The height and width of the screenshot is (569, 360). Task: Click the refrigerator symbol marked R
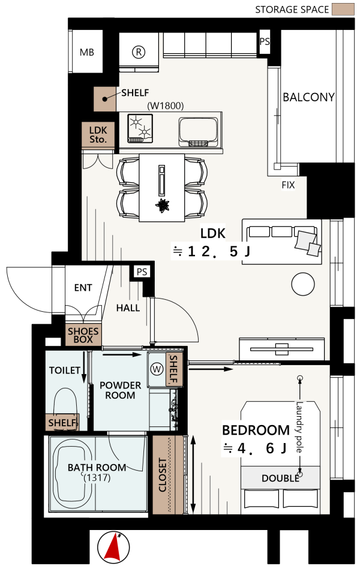(138, 52)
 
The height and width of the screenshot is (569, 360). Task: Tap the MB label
(87, 52)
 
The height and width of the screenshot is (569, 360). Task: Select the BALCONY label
(308, 97)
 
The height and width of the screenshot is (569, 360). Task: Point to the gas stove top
(140, 128)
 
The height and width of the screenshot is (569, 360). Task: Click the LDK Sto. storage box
(98, 135)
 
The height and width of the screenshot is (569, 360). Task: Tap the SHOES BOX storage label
(83, 335)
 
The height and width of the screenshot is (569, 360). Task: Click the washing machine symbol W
(157, 369)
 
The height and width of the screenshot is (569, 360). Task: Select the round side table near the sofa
(302, 284)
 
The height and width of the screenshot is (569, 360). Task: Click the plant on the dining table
(162, 206)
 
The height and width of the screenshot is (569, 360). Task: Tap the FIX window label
(288, 185)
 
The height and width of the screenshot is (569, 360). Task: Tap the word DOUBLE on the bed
(280, 478)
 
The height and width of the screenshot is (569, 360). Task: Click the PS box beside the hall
(142, 272)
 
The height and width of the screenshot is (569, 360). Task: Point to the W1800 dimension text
(165, 106)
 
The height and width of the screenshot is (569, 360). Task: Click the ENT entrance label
(83, 288)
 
